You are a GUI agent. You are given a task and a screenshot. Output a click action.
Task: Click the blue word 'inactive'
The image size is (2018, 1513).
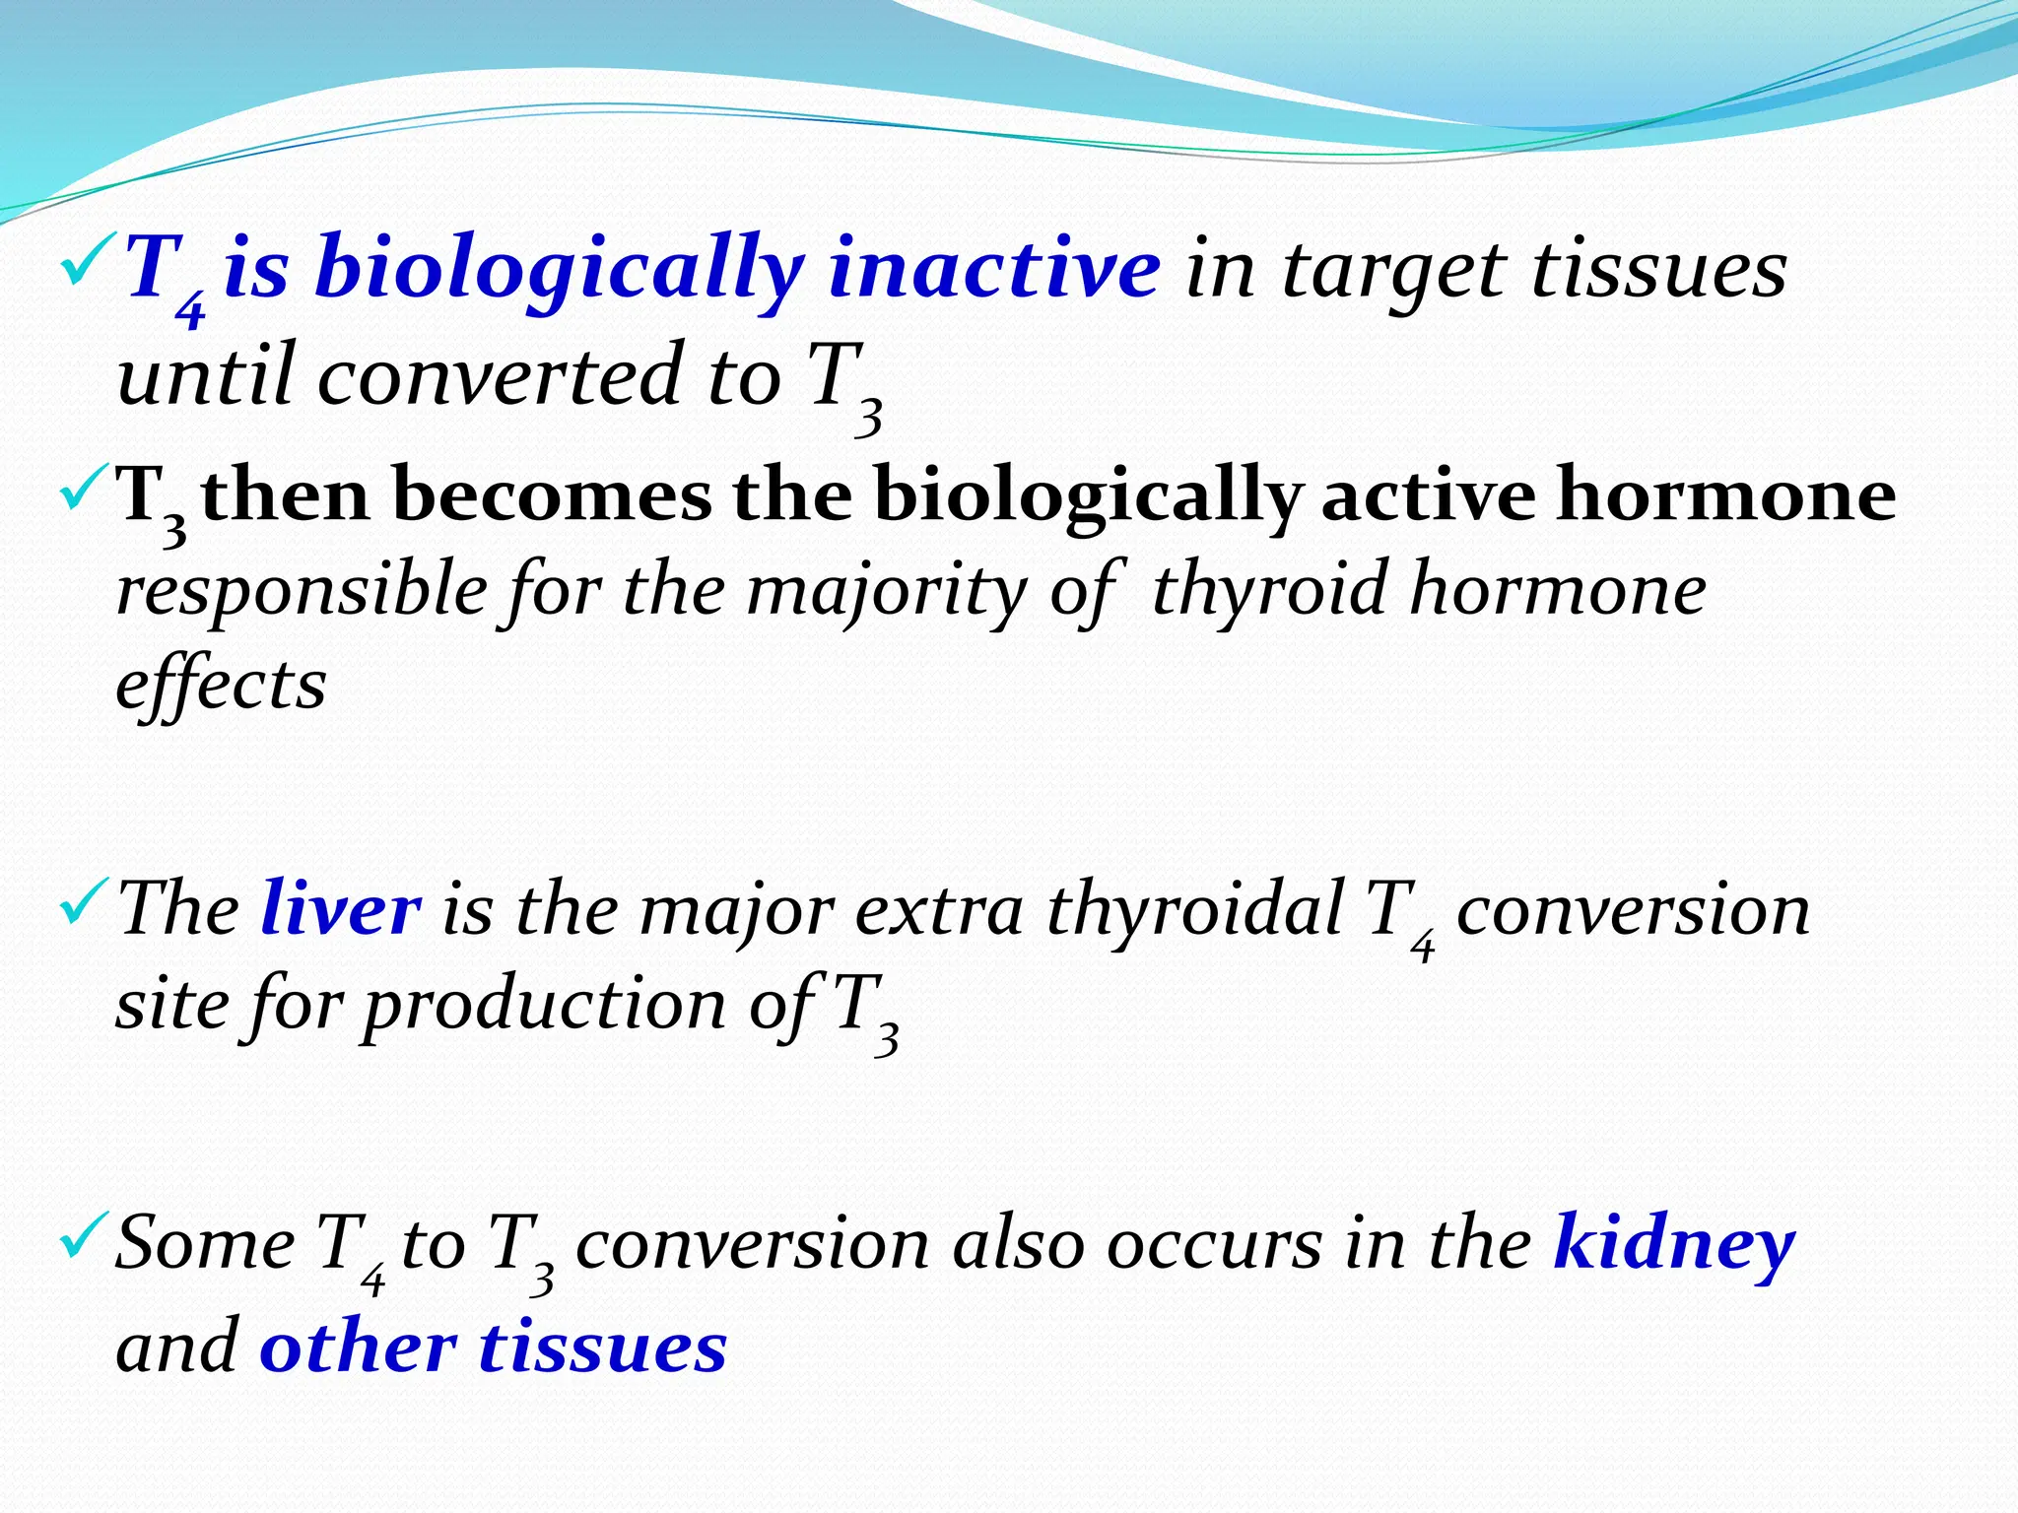click(994, 269)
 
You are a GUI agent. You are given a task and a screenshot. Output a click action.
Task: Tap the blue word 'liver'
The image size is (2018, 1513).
click(341, 908)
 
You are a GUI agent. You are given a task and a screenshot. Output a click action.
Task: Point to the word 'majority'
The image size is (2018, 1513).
click(886, 591)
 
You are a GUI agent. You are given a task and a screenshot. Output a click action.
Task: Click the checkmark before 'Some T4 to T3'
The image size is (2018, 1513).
click(80, 1238)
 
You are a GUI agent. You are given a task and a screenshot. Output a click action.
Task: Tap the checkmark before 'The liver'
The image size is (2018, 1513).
click(80, 903)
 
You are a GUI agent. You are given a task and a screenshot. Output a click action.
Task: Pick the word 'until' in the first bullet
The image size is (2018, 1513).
click(206, 375)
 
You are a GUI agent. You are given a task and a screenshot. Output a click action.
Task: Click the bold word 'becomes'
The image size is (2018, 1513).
click(551, 495)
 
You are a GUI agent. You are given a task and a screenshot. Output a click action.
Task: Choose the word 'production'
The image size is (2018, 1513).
click(544, 1005)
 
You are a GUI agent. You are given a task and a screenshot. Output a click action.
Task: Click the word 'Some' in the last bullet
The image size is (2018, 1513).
click(205, 1243)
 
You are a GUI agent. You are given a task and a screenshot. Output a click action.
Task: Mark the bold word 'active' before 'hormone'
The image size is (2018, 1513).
click(1427, 495)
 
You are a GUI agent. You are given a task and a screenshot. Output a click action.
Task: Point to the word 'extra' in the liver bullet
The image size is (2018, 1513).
click(939, 908)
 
